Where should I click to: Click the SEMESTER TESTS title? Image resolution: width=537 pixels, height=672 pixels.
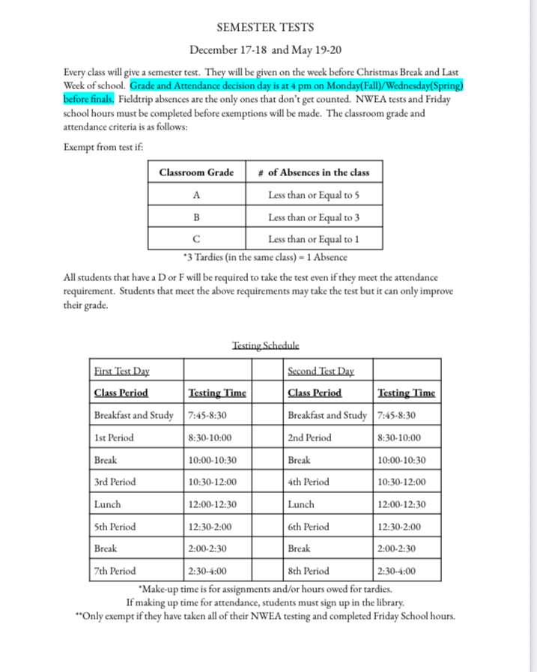(x=265, y=28)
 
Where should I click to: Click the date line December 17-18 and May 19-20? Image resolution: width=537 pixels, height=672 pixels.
(x=265, y=51)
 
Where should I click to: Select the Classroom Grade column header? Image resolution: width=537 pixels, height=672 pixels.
(x=196, y=172)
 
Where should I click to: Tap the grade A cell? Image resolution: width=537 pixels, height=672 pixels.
(x=196, y=195)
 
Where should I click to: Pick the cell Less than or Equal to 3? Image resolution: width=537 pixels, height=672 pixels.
(x=314, y=217)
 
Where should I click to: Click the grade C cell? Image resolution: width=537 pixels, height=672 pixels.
(x=196, y=240)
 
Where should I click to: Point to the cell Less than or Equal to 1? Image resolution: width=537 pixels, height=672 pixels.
(x=314, y=240)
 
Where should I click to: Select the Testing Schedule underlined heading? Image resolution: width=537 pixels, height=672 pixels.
(x=266, y=345)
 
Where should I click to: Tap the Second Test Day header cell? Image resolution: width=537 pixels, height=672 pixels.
(x=321, y=371)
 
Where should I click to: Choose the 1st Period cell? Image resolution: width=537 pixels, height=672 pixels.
(x=109, y=438)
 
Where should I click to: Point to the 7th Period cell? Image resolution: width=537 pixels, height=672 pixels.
(x=115, y=571)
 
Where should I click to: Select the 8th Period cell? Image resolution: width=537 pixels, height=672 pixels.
(x=308, y=571)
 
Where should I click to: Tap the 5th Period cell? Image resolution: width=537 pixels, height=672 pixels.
(x=115, y=527)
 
